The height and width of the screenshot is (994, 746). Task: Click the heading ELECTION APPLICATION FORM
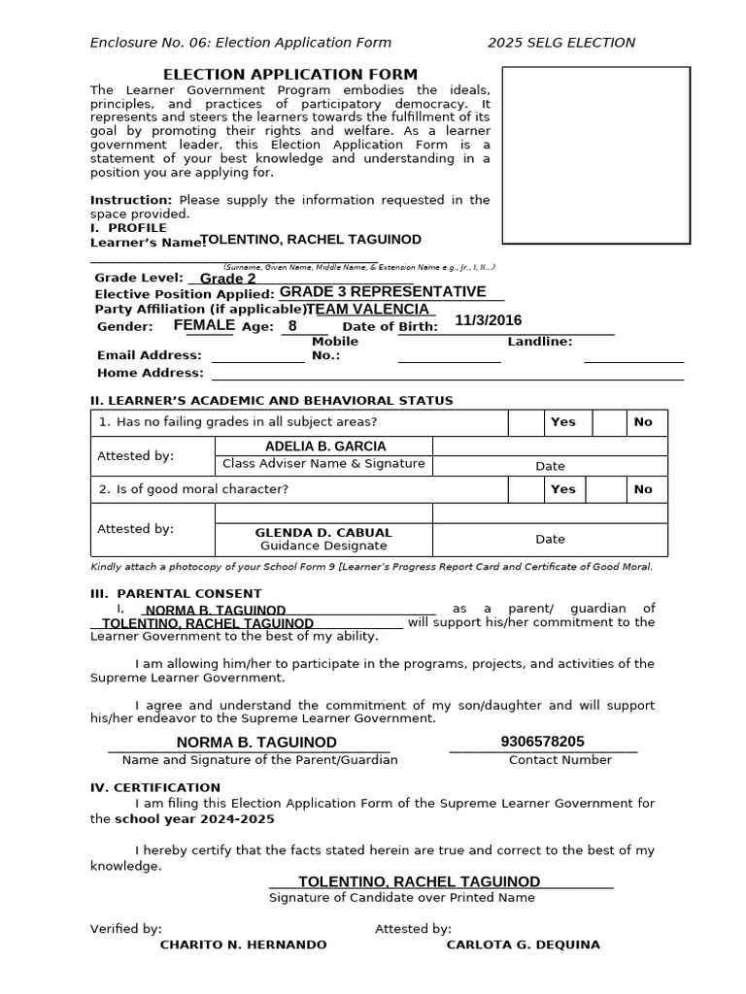pyautogui.click(x=290, y=75)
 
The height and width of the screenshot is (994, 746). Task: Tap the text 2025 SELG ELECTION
pyautogui.click(x=561, y=43)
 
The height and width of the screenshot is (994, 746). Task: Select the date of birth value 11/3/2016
pyautogui.click(x=488, y=320)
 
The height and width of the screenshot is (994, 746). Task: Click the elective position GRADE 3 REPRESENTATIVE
pyautogui.click(x=383, y=292)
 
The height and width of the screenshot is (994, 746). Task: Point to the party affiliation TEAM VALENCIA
pyautogui.click(x=367, y=309)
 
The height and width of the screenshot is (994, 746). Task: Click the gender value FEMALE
pyautogui.click(x=204, y=325)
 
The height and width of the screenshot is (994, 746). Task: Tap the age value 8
pyautogui.click(x=292, y=326)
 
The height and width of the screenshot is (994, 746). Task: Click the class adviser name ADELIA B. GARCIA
pyautogui.click(x=325, y=447)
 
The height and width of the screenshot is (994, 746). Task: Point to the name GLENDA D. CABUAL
pyautogui.click(x=323, y=533)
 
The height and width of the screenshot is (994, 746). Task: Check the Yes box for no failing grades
pyautogui.click(x=526, y=422)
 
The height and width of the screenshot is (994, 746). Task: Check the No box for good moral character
pyautogui.click(x=610, y=489)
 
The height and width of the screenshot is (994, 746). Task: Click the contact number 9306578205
pyautogui.click(x=543, y=742)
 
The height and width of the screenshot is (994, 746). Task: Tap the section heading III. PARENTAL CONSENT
pyautogui.click(x=176, y=593)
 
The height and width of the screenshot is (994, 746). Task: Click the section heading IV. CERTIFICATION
pyautogui.click(x=155, y=787)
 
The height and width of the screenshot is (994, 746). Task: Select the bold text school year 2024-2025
pyautogui.click(x=194, y=818)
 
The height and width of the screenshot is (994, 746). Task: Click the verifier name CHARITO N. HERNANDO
pyautogui.click(x=243, y=944)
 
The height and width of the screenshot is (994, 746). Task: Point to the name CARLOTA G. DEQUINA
pyautogui.click(x=523, y=944)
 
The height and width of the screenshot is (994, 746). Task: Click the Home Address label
pyautogui.click(x=151, y=373)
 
